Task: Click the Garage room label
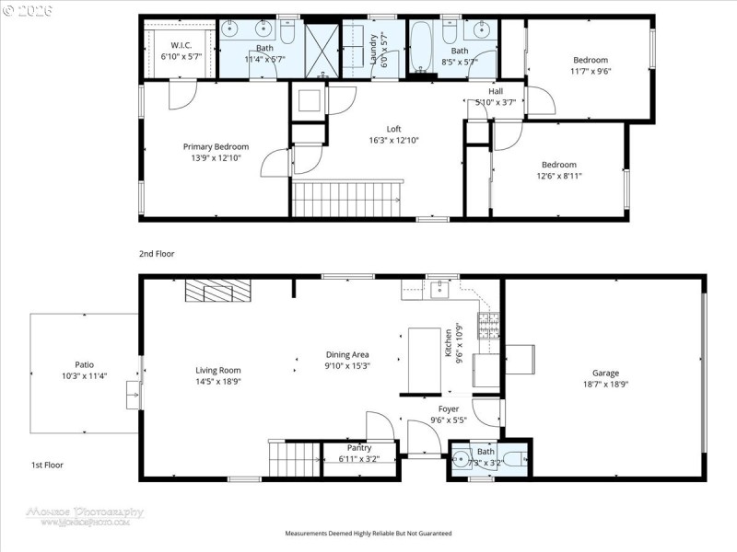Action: [x=605, y=373]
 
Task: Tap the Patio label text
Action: [x=84, y=364]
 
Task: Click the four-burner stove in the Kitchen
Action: [x=486, y=324]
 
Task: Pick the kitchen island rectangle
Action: [x=424, y=351]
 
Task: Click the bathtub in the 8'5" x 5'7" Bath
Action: [x=420, y=48]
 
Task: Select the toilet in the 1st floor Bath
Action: [x=512, y=458]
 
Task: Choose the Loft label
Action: [x=393, y=129]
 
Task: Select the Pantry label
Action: [x=359, y=447]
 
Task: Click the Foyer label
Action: [x=448, y=408]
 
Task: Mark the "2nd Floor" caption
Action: [x=157, y=253]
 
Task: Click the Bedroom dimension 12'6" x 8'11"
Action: [x=558, y=176]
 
